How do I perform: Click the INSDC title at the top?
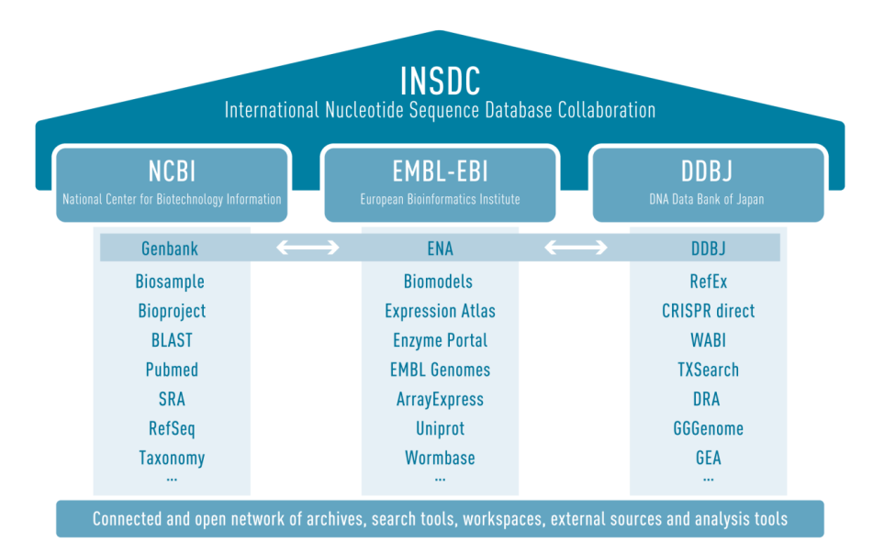click(440, 81)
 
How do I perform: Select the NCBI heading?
click(172, 171)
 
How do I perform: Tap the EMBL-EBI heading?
click(440, 171)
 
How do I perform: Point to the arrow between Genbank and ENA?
click(308, 248)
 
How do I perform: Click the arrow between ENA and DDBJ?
click(576, 248)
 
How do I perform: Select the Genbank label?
click(170, 249)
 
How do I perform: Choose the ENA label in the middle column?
click(440, 249)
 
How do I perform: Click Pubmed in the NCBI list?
click(172, 370)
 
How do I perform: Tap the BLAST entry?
click(172, 340)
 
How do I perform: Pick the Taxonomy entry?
click(172, 458)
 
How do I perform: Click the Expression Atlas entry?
click(440, 311)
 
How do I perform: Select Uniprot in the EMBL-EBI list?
click(440, 428)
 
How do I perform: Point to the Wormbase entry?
click(440, 458)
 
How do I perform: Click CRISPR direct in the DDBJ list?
click(708, 311)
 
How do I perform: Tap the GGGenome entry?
click(708, 428)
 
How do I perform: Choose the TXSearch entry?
click(708, 370)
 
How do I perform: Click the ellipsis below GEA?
click(708, 479)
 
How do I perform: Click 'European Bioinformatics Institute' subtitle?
click(440, 199)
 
